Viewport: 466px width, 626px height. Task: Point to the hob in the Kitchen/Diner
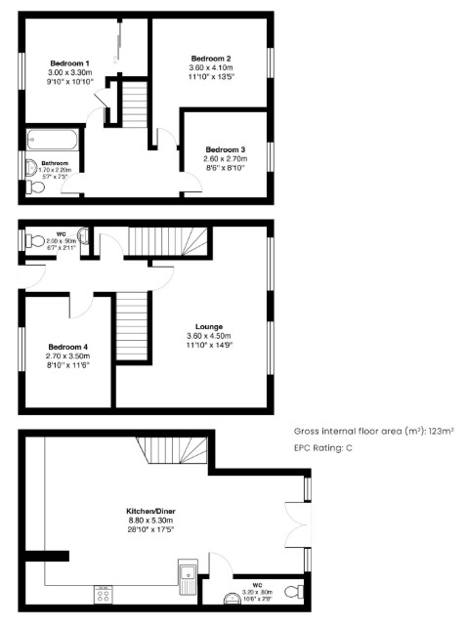coord(104,593)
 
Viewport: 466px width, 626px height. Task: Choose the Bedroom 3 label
coord(225,149)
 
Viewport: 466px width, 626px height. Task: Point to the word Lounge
coord(209,326)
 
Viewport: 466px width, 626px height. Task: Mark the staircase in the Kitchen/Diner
coord(176,450)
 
